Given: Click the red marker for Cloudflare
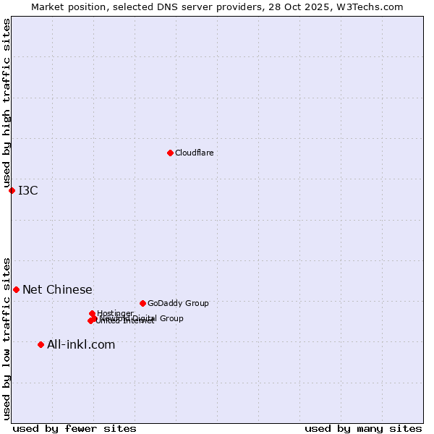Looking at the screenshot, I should click(170, 153).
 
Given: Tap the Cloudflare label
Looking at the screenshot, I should click(194, 153).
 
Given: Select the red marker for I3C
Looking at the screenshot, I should click(12, 190).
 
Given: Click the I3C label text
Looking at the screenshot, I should click(28, 191).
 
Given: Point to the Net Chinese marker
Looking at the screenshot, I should click(16, 289).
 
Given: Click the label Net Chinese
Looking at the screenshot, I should click(57, 290).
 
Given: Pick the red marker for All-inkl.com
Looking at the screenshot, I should click(41, 344).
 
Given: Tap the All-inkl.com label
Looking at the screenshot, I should click(81, 345).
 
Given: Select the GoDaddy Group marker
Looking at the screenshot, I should click(142, 303).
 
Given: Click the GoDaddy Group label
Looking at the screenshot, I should click(178, 304).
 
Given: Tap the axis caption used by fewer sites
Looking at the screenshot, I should click(75, 428).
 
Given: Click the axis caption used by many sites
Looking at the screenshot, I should click(363, 428).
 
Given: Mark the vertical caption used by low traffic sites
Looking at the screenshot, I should click(7, 338).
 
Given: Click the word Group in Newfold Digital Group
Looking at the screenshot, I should click(171, 318).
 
